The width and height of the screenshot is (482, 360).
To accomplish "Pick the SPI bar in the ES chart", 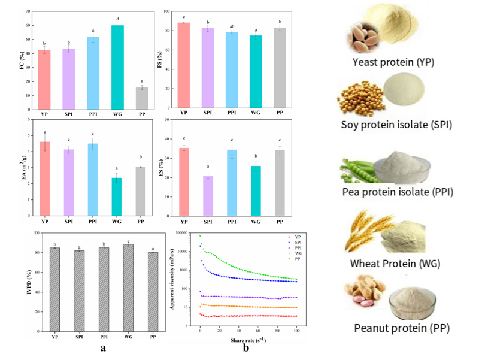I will (x=208, y=196).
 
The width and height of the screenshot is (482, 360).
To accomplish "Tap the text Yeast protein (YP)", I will (x=393, y=62).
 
